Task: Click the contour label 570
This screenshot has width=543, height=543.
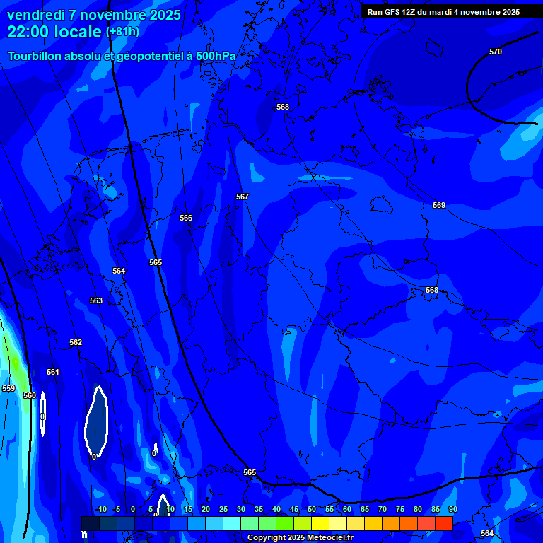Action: [496, 52]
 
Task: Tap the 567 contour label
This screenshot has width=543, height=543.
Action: [243, 197]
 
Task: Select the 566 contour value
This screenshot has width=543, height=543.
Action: [186, 218]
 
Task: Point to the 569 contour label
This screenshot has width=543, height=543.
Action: [439, 205]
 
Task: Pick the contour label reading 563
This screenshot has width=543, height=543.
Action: [96, 300]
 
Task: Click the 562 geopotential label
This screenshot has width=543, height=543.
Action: [76, 342]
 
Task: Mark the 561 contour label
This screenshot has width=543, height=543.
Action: [53, 372]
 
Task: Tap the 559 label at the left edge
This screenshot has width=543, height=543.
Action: [8, 388]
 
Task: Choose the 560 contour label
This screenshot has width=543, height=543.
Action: [30, 395]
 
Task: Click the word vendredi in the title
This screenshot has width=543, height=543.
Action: [35, 15]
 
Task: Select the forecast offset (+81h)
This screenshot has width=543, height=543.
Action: [122, 32]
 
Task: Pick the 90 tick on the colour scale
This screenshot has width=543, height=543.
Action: [452, 509]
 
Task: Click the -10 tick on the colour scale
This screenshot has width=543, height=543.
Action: [101, 509]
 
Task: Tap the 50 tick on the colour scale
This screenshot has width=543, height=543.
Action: [312, 509]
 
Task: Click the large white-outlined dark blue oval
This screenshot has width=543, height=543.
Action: [96, 421]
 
